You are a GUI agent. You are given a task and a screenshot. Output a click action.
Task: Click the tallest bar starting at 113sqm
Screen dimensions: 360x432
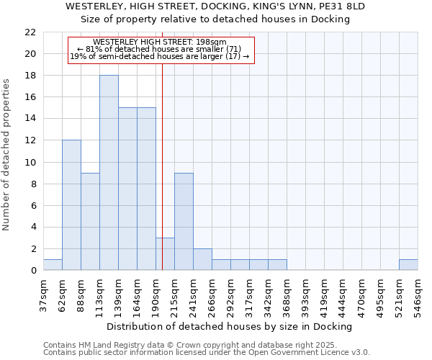click(109, 173)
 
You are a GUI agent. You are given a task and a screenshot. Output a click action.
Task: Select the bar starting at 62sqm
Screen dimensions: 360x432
click(71, 205)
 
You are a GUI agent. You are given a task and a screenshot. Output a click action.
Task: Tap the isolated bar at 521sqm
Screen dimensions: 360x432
click(408, 265)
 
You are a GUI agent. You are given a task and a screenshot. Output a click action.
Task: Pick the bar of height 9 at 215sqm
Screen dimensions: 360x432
click(184, 222)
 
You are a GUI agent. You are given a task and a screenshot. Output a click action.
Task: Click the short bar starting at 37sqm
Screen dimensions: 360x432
click(53, 265)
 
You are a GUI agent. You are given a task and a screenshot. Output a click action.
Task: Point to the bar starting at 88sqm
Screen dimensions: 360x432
click(90, 222)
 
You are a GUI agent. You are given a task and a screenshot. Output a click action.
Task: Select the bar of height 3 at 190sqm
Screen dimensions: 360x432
click(165, 254)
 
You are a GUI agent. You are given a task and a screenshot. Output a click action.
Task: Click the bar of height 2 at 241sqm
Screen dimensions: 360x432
click(202, 259)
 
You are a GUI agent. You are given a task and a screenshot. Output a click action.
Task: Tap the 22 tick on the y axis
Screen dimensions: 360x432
click(30, 32)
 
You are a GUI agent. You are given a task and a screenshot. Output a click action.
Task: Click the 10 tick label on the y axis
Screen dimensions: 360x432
click(30, 162)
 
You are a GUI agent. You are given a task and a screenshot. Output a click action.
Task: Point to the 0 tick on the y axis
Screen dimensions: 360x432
click(32, 271)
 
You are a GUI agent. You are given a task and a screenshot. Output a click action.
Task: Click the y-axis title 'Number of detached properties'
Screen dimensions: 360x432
click(7, 155)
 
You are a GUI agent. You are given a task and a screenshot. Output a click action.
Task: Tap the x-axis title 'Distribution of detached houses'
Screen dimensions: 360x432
click(233, 326)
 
